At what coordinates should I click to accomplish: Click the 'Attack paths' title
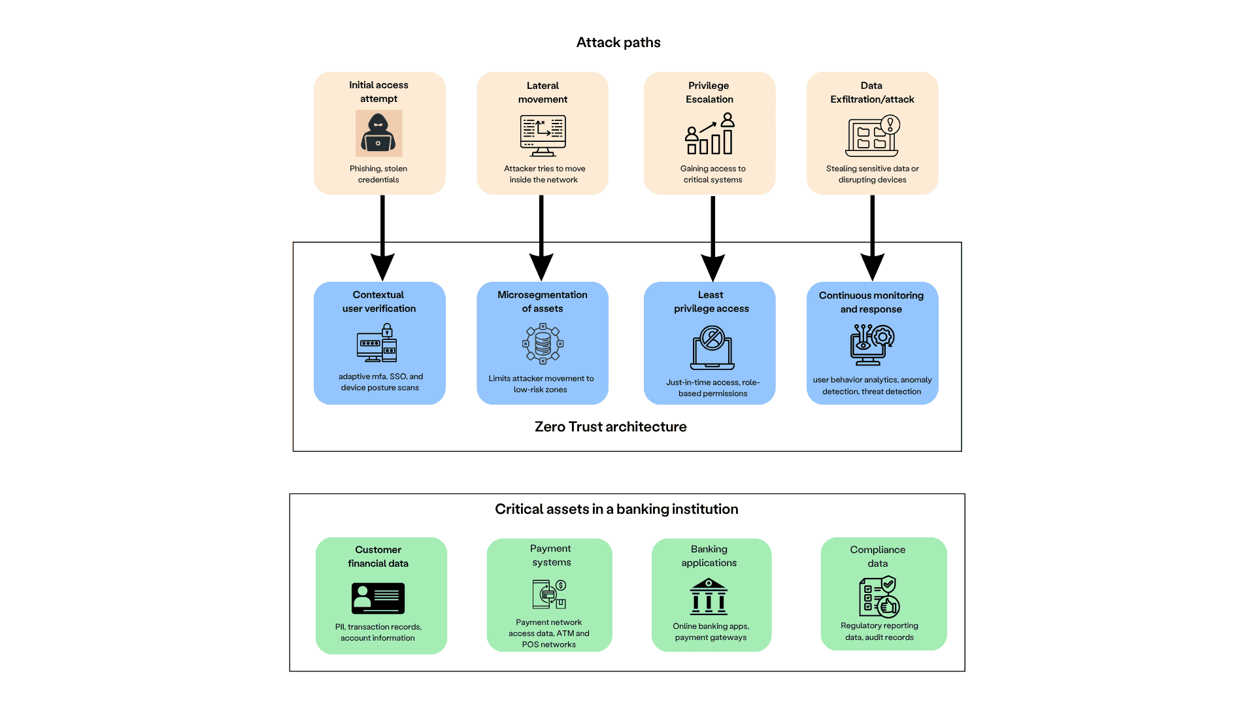point(618,42)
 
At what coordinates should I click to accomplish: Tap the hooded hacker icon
point(378,133)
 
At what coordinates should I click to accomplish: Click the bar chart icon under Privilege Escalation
point(710,135)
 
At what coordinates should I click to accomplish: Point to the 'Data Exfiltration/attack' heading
point(872,92)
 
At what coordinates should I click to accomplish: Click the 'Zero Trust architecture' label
point(611,427)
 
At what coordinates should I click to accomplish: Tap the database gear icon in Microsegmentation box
point(543,343)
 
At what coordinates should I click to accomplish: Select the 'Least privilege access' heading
point(711,301)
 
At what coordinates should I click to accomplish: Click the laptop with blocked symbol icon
point(712,348)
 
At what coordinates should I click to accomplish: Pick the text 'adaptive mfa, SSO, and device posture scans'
point(380,382)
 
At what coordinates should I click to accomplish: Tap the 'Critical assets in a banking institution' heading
point(616,509)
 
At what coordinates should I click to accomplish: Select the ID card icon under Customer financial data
point(378,597)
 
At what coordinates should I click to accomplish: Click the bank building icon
point(709,596)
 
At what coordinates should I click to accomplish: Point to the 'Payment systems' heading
point(551,555)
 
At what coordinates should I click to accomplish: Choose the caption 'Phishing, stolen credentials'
point(378,174)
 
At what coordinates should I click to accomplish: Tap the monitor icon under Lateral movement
point(543,135)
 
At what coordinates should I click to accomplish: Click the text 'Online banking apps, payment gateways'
point(711,631)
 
